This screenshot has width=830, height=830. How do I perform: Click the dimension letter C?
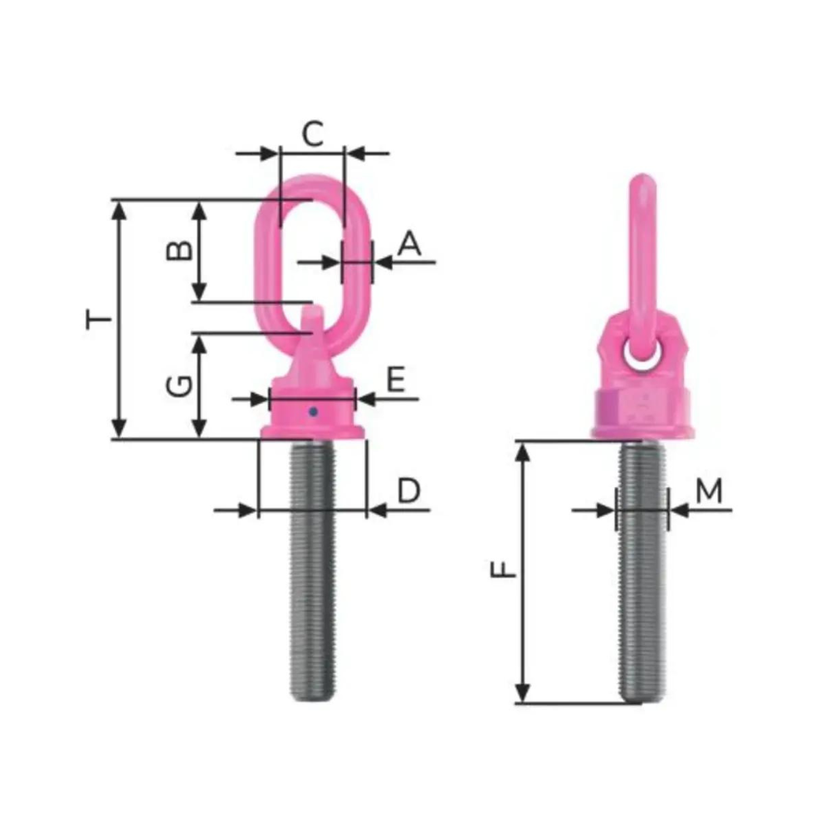coord(312,133)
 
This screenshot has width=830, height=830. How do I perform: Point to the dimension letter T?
coord(99,318)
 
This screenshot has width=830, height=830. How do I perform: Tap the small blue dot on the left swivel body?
coord(313,410)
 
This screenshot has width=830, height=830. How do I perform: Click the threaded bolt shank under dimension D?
coord(312,573)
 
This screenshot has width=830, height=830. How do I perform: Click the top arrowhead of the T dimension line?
coord(120,208)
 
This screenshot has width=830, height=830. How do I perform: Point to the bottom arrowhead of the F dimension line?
coord(522,692)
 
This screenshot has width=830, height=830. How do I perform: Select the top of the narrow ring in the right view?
coord(642,180)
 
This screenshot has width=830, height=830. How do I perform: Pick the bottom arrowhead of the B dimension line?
coord(198,293)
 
